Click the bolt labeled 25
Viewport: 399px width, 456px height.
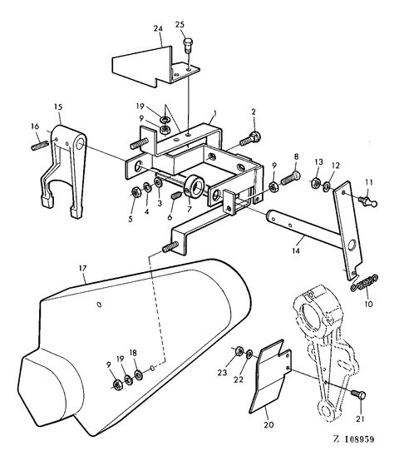click(189, 45)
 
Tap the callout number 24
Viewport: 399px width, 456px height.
click(158, 28)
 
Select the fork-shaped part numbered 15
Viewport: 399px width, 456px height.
click(63, 169)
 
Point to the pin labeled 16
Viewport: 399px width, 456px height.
click(39, 145)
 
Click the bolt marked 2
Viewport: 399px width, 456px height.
click(250, 139)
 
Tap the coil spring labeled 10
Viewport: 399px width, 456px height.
click(364, 283)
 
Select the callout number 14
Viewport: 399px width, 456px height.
click(296, 250)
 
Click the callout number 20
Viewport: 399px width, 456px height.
click(268, 425)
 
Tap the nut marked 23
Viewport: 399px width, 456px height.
click(239, 351)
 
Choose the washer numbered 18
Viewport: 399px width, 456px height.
click(138, 374)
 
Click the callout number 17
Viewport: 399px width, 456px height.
click(83, 268)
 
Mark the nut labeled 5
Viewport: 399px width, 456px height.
click(135, 192)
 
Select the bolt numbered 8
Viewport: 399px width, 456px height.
click(290, 177)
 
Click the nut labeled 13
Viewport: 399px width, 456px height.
click(316, 182)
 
